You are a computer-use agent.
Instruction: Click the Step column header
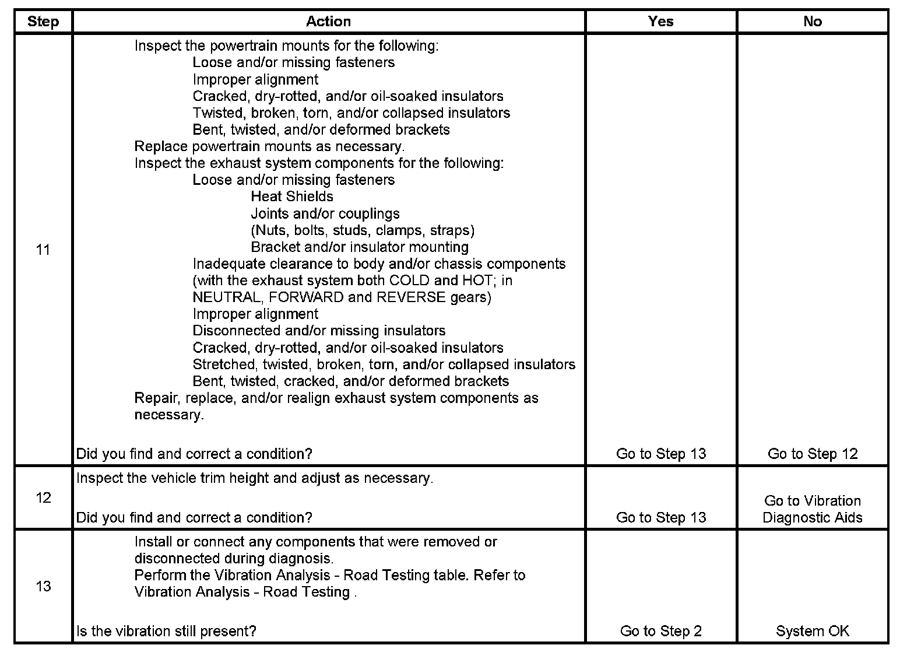click(43, 22)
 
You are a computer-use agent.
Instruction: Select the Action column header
click(328, 22)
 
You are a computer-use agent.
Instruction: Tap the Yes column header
click(660, 22)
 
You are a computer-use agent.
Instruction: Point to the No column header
click(812, 22)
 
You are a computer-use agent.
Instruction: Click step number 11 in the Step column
click(43, 250)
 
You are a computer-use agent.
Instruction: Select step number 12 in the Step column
click(43, 497)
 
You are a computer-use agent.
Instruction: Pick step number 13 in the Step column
click(43, 586)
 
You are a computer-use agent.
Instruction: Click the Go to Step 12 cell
click(812, 454)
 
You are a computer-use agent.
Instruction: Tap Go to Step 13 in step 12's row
click(660, 517)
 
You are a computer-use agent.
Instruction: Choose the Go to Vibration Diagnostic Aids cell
click(812, 509)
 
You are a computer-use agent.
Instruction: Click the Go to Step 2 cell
click(660, 631)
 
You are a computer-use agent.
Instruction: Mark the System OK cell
click(812, 631)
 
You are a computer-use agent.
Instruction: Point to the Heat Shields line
click(292, 197)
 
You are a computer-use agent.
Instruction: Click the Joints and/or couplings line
click(325, 213)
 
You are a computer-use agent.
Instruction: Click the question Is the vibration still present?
click(166, 631)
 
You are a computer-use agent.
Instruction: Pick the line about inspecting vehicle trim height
click(255, 478)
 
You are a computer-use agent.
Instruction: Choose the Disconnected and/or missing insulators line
click(319, 331)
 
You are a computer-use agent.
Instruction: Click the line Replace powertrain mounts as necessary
click(269, 146)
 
